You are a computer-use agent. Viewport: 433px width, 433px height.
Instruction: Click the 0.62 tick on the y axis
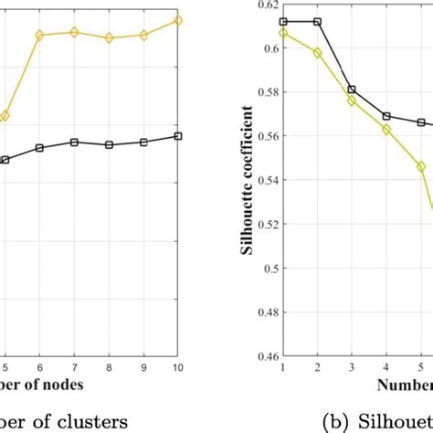[x=267, y=5]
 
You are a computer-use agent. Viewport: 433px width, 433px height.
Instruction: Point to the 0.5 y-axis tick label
[x=269, y=269]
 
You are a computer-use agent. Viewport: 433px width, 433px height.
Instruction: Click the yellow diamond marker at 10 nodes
[x=177, y=19]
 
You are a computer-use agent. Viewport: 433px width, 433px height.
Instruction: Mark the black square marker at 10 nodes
[x=177, y=136]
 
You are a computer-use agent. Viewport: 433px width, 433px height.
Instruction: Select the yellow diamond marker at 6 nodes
[x=39, y=35]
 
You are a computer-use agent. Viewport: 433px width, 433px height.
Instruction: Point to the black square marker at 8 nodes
[x=109, y=144]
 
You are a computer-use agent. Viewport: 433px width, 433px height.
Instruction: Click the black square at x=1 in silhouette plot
[x=284, y=21]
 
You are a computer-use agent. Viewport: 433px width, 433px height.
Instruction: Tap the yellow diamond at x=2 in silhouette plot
[x=318, y=53]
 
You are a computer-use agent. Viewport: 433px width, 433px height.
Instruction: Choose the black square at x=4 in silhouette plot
[x=386, y=116]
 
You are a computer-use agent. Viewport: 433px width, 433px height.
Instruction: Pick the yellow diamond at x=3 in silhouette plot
[x=352, y=100]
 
